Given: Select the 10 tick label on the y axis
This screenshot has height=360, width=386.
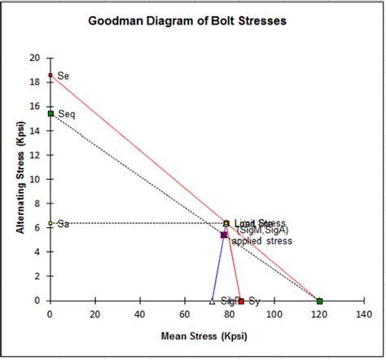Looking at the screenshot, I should coord(34,179).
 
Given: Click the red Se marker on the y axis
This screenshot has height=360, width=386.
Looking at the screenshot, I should coord(50,76).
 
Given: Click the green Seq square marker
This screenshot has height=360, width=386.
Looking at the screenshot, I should coord(50,113).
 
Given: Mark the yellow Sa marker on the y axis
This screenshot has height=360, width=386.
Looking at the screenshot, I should coord(50,223).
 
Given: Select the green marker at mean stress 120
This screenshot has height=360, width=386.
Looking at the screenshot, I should coord(319,301).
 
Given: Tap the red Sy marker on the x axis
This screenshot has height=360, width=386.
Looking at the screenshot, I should coord(241,301).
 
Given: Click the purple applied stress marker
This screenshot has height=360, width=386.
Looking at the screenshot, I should coord(224,235).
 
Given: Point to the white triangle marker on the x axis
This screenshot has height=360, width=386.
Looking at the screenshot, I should coord(212,301).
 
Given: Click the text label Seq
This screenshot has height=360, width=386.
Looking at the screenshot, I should coord(66,115).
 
